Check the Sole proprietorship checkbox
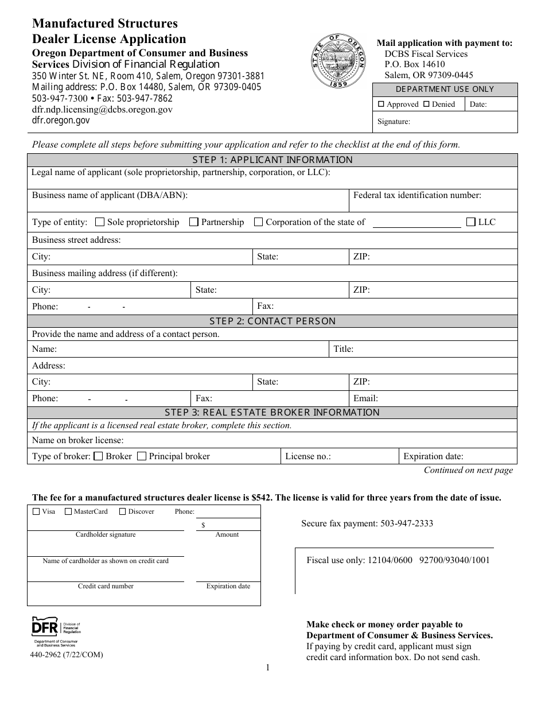[100, 222]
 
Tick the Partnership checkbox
[194, 222]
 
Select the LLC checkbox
[471, 222]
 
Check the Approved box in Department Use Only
[381, 104]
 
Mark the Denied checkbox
[426, 104]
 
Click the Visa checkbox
[37, 511]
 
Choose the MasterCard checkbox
[68, 511]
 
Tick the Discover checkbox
[122, 511]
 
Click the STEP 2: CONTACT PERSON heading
[272, 321]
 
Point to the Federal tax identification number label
[417, 195]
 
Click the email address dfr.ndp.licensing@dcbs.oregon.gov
[102, 109]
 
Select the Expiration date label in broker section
[433, 457]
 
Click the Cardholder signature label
[106, 534]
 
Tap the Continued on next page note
[468, 470]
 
